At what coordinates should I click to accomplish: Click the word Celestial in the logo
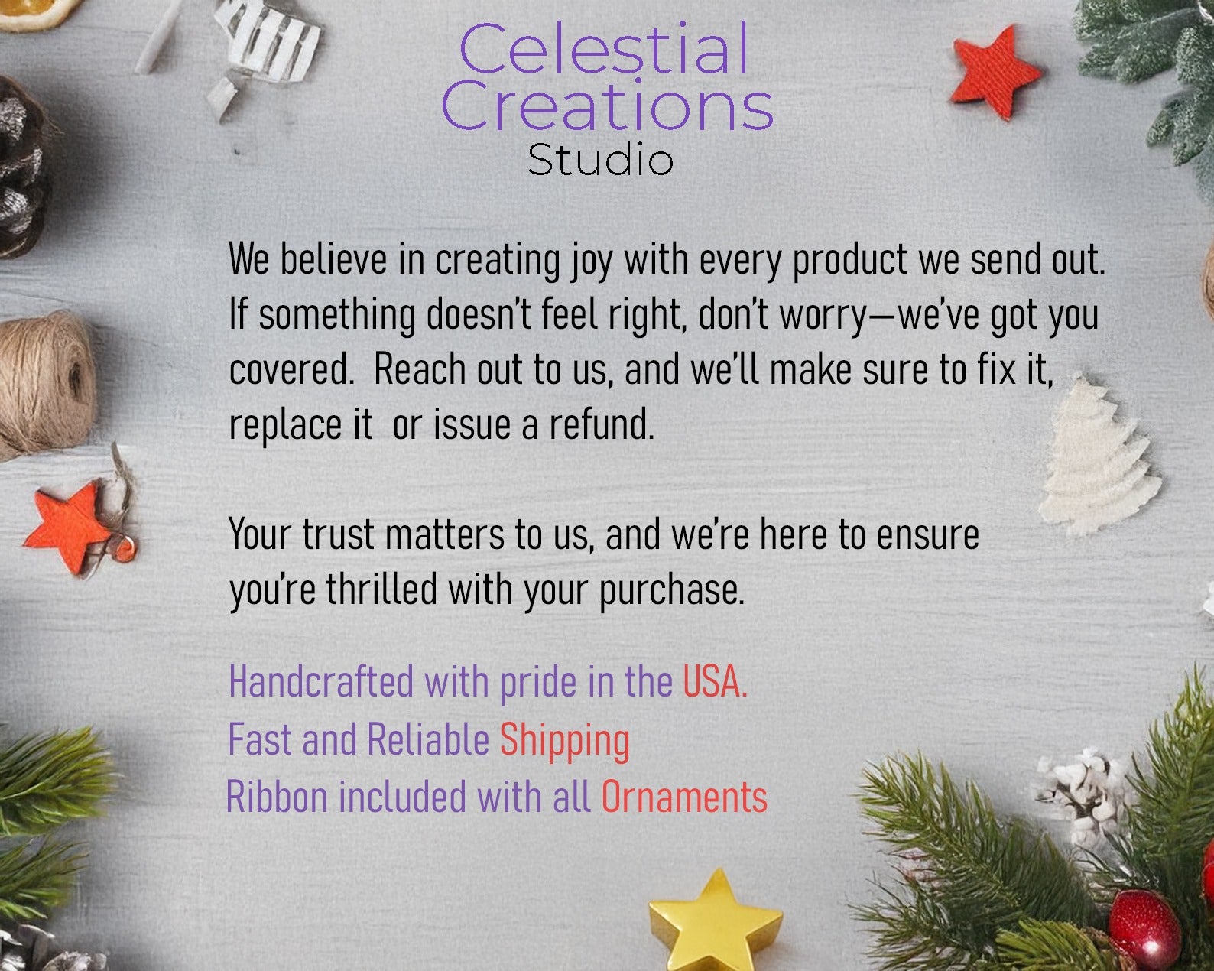point(604,49)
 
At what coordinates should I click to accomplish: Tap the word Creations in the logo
point(607,105)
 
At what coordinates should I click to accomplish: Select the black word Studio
point(600,159)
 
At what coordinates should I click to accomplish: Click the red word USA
point(716,681)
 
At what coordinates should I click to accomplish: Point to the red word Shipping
point(565,742)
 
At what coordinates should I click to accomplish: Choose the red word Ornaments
point(684,797)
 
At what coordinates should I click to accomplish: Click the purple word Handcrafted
point(322,681)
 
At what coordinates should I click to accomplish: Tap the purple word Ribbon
point(277,797)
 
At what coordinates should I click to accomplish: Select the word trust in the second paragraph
point(338,534)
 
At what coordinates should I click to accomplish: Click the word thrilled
point(381,589)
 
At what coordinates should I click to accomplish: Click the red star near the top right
point(995,71)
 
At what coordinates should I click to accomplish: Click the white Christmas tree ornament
point(1095,457)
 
